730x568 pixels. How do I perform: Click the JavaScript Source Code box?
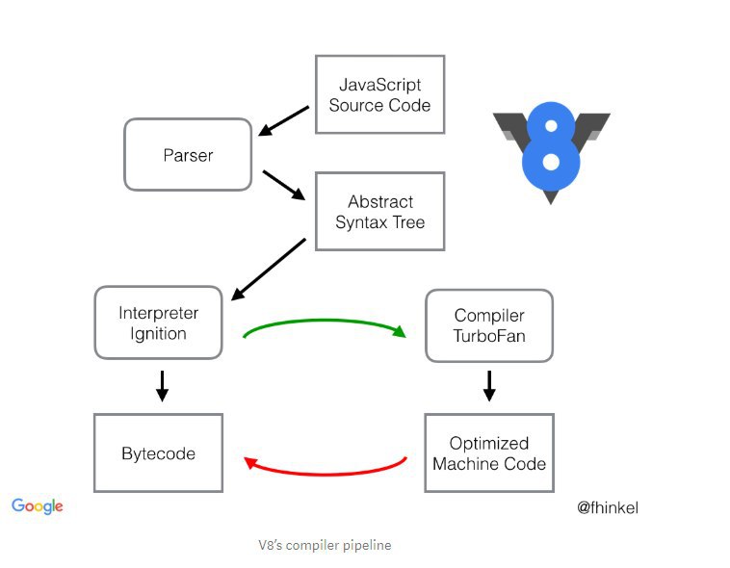(x=379, y=94)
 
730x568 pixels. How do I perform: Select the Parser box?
(x=188, y=155)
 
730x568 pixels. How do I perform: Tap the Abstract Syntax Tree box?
(x=379, y=212)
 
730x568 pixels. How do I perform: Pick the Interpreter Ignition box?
(x=158, y=323)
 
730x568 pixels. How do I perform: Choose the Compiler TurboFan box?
(x=489, y=326)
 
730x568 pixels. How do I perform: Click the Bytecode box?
(x=158, y=453)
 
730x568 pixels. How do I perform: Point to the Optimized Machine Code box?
(x=489, y=453)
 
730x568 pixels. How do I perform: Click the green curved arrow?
(x=325, y=321)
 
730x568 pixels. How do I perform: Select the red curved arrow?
(x=325, y=474)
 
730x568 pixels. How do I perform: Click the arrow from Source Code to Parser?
(x=283, y=120)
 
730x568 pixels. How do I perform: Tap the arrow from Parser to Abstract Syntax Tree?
(x=284, y=185)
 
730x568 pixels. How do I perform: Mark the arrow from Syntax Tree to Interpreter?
(x=268, y=270)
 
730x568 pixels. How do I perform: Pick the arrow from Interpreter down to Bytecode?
(x=162, y=386)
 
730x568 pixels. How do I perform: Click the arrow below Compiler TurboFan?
(x=489, y=386)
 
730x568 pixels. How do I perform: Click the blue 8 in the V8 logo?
(x=551, y=145)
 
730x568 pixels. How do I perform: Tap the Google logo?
(x=38, y=506)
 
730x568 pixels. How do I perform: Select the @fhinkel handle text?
(x=608, y=507)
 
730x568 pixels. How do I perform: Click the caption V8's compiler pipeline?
(x=325, y=545)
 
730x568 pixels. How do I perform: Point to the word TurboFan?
(x=489, y=336)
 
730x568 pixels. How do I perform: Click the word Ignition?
(x=158, y=334)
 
